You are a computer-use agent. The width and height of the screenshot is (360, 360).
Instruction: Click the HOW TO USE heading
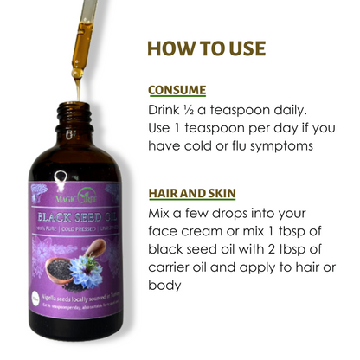pos(207,47)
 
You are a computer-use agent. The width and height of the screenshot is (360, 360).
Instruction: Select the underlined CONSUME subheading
pos(177,90)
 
